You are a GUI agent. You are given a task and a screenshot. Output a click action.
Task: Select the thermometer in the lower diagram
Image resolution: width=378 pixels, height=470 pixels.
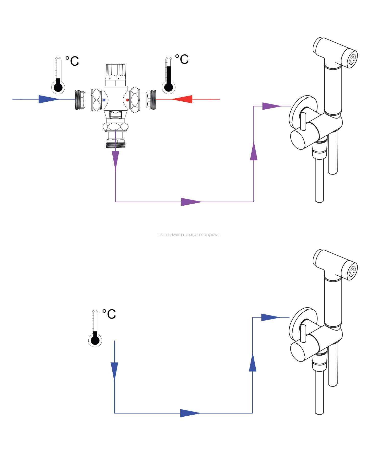[x=95, y=329]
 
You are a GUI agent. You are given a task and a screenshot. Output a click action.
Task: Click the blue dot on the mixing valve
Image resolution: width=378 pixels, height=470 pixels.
[x=104, y=100]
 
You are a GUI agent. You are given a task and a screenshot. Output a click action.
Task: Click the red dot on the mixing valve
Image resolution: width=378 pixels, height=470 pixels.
[x=127, y=100]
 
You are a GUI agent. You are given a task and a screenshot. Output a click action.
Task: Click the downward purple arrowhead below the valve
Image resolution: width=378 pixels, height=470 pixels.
[x=115, y=160]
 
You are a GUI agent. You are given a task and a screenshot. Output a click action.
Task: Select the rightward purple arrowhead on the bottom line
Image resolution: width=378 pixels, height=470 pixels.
[x=191, y=202]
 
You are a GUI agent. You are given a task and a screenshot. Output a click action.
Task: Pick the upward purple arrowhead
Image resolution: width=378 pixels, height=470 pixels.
[x=254, y=151]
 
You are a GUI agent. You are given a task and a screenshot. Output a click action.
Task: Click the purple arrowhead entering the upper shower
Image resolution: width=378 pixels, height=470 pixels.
[x=272, y=106]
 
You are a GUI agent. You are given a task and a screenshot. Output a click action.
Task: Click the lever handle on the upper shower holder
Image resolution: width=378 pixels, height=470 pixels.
[x=303, y=121]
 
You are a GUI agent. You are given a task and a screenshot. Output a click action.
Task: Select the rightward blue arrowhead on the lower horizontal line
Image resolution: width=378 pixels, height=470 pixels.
[x=190, y=413]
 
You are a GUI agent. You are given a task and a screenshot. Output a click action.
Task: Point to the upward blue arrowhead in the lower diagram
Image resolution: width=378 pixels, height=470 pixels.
[x=253, y=362]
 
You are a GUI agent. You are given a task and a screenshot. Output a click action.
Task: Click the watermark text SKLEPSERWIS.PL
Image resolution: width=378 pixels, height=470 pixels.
[x=171, y=235]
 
